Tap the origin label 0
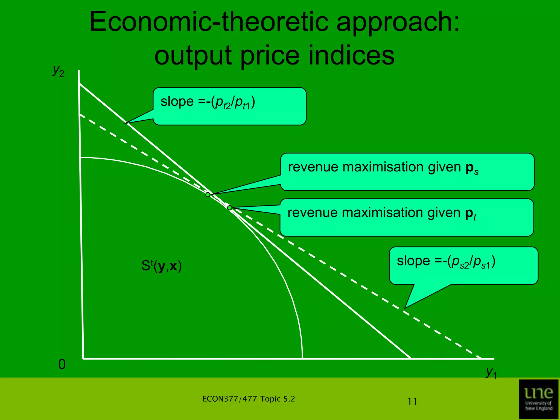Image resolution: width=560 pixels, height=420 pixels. pos(62,364)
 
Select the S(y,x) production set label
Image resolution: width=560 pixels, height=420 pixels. pos(162,266)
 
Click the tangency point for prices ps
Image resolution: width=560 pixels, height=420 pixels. pos(208,195)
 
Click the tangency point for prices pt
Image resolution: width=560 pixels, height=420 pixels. pos(230,208)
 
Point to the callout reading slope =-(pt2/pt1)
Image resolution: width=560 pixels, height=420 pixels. pos(229,106)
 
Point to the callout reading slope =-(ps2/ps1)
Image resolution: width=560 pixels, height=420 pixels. pos(463,265)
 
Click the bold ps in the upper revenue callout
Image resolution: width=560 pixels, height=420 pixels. pos(472,168)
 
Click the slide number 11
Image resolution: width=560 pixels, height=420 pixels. pos(412,401)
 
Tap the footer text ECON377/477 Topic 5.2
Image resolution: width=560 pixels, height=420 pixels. pos(249,399)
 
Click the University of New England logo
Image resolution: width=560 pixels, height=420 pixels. pos(538,399)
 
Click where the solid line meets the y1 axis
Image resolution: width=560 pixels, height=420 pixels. pos(411,358)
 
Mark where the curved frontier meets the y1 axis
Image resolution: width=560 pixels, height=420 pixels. pos(302,358)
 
